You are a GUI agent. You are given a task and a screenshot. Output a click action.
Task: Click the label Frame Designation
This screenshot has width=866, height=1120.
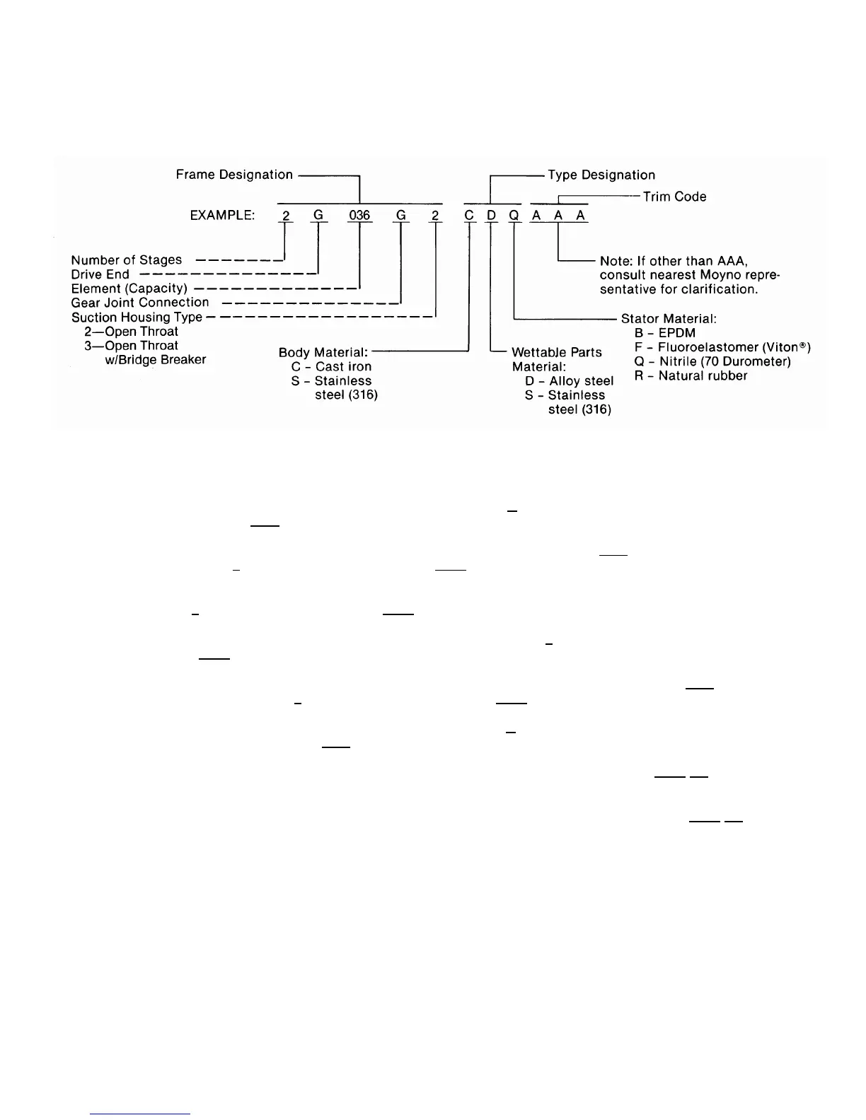tap(234, 175)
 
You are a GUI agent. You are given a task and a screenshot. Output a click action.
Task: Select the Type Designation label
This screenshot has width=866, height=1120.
tap(601, 175)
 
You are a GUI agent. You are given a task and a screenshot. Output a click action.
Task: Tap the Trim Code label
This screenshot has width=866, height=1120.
tap(674, 197)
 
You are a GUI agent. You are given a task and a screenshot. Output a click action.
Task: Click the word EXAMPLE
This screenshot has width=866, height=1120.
tap(222, 215)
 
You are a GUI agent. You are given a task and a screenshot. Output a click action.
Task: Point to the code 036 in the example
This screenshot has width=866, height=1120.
tap(359, 215)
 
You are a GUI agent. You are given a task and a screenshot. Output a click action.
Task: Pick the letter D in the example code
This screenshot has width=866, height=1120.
tap(491, 215)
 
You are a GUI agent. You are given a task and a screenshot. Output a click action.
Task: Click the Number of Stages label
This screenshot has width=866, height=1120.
tap(127, 260)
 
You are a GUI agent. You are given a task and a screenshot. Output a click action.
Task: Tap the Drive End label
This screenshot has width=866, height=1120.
tap(100, 274)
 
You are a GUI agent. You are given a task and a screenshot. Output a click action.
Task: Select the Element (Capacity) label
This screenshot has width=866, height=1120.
tap(129, 288)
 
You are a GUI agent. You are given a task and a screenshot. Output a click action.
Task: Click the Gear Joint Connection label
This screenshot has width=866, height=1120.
tap(140, 303)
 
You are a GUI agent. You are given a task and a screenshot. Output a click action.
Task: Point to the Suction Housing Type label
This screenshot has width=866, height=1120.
tap(137, 317)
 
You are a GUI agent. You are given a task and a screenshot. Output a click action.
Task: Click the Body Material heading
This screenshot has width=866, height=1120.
tap(323, 352)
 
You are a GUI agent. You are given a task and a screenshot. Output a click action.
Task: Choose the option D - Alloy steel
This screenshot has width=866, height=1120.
tap(569, 381)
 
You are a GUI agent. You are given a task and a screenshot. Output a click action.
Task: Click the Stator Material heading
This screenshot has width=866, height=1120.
tap(669, 319)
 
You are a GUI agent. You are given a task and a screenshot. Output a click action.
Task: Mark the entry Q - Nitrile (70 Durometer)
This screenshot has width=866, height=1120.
tap(712, 361)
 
